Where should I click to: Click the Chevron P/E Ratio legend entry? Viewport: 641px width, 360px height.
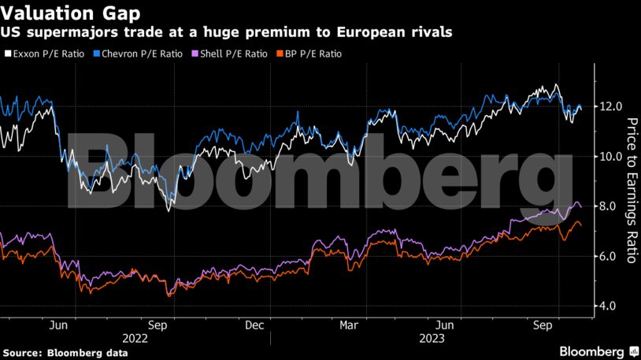(135, 54)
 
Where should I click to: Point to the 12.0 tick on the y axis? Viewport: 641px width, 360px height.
(612, 106)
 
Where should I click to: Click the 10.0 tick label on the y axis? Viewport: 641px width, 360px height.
(612, 156)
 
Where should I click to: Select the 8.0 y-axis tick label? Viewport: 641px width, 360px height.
(612, 206)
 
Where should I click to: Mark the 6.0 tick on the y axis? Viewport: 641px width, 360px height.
(612, 256)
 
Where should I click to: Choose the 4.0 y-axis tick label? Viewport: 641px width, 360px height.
(612, 306)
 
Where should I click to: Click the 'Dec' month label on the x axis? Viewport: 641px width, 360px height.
(254, 324)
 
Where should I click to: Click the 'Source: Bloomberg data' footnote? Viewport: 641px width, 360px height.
(65, 351)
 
